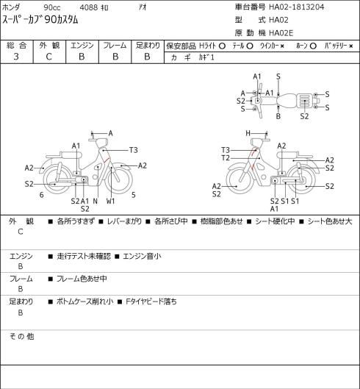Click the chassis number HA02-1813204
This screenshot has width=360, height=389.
point(297,7)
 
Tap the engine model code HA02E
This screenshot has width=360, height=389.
point(281,33)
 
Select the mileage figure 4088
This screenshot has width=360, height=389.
point(89,7)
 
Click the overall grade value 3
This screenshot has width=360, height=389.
point(16,57)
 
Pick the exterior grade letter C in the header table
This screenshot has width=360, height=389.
point(48,57)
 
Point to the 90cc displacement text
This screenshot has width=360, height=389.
point(52,7)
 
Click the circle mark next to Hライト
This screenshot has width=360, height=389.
point(222,46)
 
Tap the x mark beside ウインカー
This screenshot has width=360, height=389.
point(282,46)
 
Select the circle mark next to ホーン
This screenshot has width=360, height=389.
point(313,46)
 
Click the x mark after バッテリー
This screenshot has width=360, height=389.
point(351,46)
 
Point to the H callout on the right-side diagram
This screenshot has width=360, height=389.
point(248,133)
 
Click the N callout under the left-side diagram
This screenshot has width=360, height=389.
point(96,201)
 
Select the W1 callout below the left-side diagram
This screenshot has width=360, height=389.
point(111,201)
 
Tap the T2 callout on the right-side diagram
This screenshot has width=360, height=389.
point(226,158)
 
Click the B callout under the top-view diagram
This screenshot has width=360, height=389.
point(278,116)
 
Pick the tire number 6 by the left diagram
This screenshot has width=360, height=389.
point(41,195)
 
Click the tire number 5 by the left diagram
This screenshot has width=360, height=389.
point(134,195)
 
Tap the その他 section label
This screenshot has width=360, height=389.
point(21,336)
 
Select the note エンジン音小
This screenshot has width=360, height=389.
point(142,256)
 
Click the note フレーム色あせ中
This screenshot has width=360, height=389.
point(82,279)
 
